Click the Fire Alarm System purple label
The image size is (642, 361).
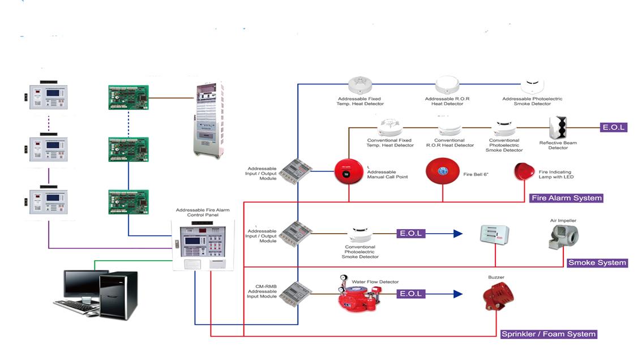(566, 198)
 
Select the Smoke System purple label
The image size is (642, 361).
(597, 263)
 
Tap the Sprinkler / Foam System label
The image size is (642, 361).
(549, 334)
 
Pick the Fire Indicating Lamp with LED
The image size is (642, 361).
(523, 171)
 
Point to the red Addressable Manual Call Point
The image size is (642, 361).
(349, 171)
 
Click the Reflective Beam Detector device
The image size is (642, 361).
(558, 128)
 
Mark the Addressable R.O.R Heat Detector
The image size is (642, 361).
(447, 85)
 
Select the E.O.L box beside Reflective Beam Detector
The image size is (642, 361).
(614, 127)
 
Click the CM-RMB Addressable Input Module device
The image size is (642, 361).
(296, 294)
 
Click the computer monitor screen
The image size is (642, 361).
(78, 283)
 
